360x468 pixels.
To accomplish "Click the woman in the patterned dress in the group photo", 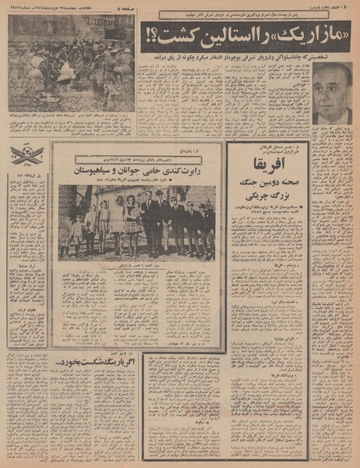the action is [133, 222].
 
